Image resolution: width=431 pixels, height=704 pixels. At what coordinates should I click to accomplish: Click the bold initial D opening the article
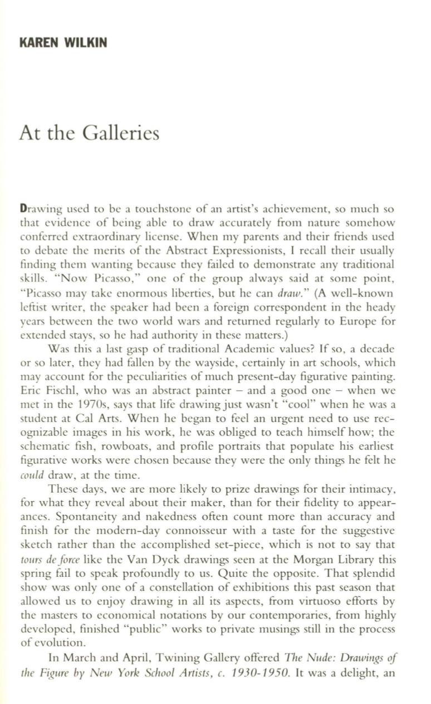[x=23, y=210]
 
